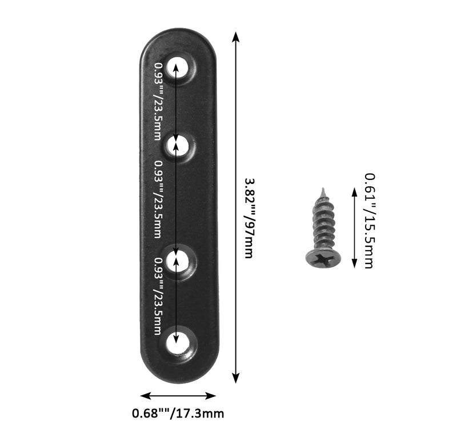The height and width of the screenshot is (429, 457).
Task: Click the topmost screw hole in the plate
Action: pos(177,67)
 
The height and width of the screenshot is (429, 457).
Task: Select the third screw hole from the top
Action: pos(177,260)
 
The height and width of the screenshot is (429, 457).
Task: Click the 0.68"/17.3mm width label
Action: pos(178,413)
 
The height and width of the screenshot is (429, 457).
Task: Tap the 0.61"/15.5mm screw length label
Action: pos(370,220)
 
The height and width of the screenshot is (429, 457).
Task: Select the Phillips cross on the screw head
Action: pos(323,259)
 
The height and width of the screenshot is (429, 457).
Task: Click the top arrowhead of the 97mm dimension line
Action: pos(236,37)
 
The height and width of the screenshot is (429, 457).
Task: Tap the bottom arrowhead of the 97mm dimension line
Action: pos(236,378)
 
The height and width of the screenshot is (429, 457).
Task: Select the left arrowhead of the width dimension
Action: pos(146,396)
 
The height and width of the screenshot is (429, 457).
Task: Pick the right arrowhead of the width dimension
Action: pos(210,396)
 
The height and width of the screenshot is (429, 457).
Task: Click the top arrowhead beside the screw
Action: pos(354,193)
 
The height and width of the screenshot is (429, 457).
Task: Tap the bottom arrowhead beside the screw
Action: pos(354,263)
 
